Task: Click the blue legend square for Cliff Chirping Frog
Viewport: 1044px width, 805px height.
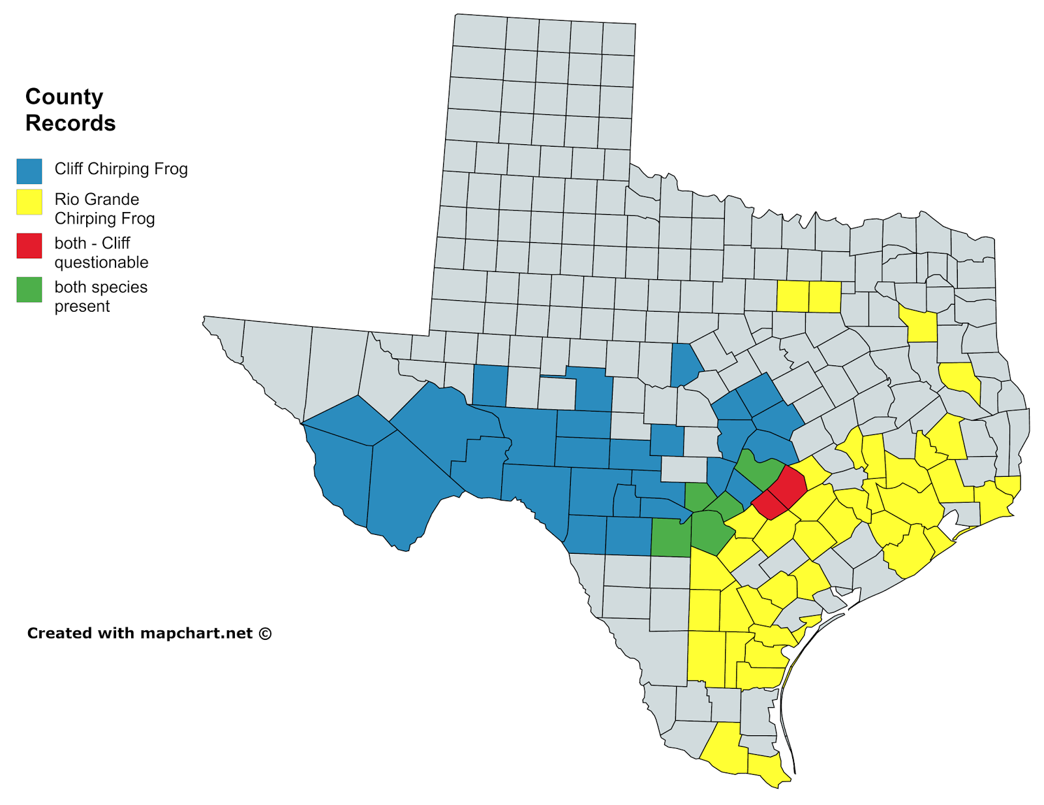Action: click(29, 171)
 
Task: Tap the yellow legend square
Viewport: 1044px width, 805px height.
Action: click(29, 202)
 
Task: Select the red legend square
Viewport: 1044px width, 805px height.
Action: click(29, 246)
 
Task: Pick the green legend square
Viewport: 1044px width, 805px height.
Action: click(29, 290)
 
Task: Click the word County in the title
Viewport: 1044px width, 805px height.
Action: click(64, 97)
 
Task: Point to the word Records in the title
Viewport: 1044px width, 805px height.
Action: click(70, 123)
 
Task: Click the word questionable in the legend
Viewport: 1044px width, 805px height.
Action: click(101, 262)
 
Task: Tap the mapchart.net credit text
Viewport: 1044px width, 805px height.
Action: click(149, 633)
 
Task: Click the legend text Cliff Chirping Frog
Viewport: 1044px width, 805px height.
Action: click(121, 169)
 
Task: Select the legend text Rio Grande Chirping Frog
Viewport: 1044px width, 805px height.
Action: click(104, 209)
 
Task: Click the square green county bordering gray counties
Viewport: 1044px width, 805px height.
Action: click(671, 538)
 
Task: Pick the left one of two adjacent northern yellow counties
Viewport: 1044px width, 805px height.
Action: click(792, 296)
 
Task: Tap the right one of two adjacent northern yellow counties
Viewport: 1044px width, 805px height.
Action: click(825, 296)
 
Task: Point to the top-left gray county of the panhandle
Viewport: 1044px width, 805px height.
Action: click(479, 31)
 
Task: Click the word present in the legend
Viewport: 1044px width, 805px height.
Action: click(82, 307)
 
